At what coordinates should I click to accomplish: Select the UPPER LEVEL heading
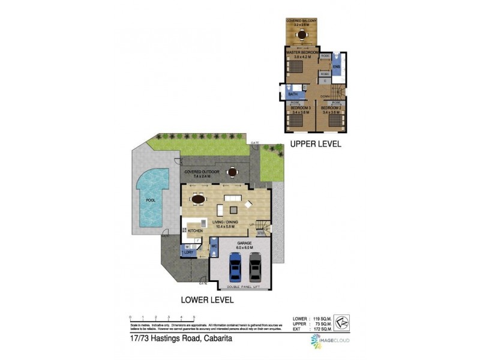pyautogui.click(x=316, y=144)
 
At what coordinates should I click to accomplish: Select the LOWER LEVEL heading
pyautogui.click(x=208, y=299)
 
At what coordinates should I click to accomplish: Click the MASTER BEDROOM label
pyautogui.click(x=302, y=53)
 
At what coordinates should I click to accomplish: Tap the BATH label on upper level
pyautogui.click(x=293, y=94)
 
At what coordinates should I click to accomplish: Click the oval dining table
pyautogui.click(x=197, y=200)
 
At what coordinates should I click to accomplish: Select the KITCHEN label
pyautogui.click(x=196, y=230)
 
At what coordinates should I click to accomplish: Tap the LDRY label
pyautogui.click(x=188, y=252)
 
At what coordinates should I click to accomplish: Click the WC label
pyautogui.click(x=213, y=246)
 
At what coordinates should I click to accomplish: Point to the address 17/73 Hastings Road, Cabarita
pyautogui.click(x=174, y=338)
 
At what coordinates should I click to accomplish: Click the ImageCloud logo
pyautogui.click(x=329, y=341)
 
